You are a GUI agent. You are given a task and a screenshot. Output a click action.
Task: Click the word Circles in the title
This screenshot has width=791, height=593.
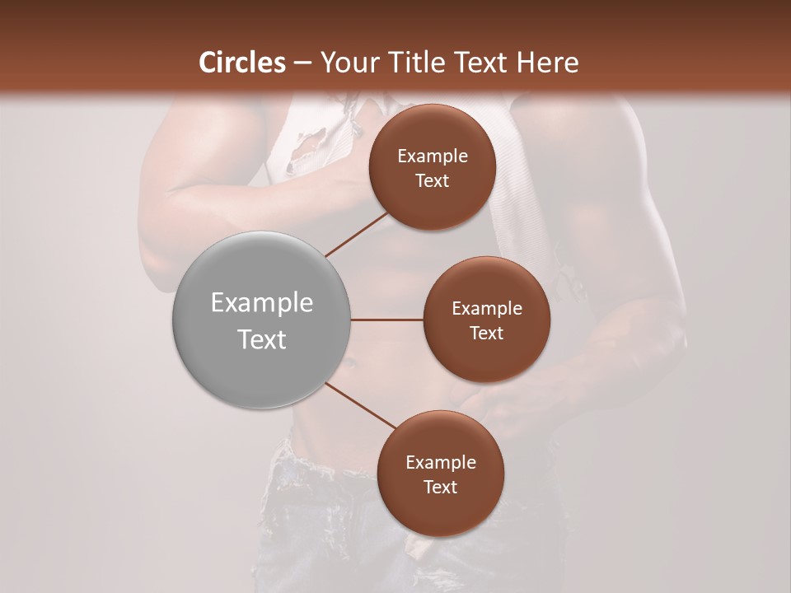[242, 63]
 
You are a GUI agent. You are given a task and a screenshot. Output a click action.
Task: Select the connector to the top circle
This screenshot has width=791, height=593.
[357, 234]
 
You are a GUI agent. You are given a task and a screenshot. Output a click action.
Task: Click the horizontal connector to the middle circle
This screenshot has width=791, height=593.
[386, 320]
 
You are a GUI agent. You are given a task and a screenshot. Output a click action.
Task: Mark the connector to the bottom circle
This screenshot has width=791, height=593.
[361, 405]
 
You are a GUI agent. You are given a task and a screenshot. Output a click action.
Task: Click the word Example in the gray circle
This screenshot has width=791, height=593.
[262, 303]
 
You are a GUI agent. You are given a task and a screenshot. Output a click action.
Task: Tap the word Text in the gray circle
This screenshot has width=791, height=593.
[262, 339]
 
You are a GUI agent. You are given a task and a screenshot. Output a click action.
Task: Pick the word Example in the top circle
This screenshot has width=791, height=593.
[433, 156]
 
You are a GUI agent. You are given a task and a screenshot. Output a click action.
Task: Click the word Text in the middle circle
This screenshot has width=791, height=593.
[486, 334]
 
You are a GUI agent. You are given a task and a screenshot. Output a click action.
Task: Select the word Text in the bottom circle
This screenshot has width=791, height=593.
[440, 487]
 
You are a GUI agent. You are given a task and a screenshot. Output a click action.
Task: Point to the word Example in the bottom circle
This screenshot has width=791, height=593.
[441, 462]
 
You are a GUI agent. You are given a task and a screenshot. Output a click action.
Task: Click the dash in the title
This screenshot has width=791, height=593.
[302, 63]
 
